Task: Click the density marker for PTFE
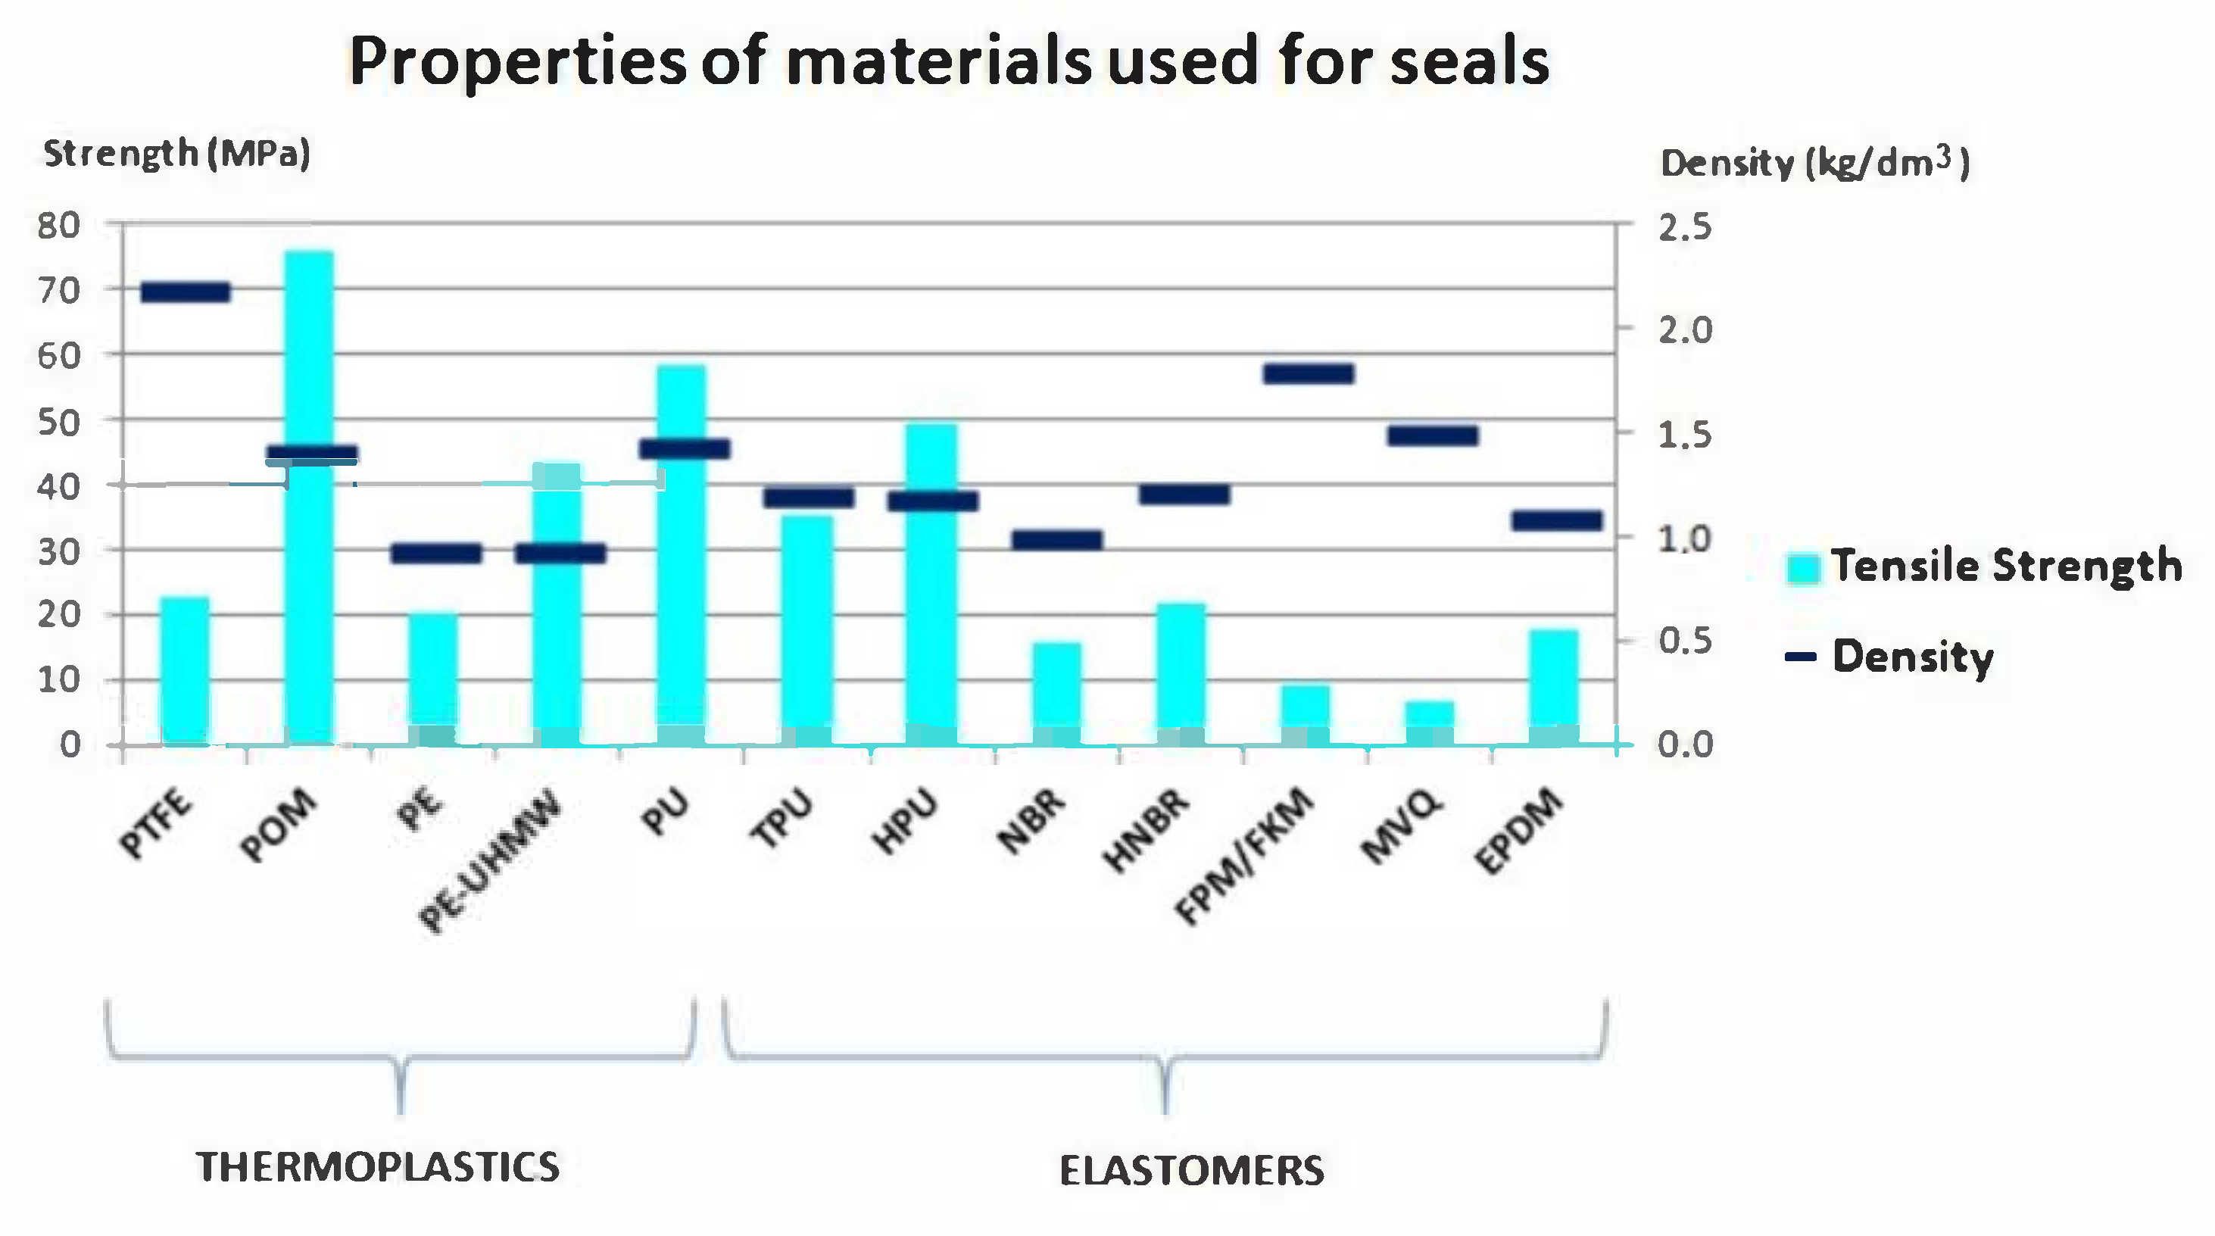[x=186, y=292]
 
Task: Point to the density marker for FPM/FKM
[x=1309, y=373]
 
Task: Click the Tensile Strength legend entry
[x=1986, y=566]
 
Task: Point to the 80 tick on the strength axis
[x=58, y=226]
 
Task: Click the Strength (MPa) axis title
[x=176, y=154]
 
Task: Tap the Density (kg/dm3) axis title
[x=1814, y=164]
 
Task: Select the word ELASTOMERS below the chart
[x=1192, y=1171]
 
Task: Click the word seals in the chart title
[x=1470, y=62]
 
